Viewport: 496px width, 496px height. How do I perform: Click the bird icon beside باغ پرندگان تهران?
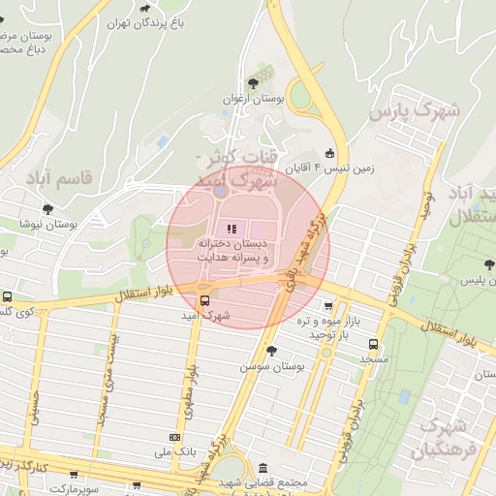pyautogui.click(x=145, y=19)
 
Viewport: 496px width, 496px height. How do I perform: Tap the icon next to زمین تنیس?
pyautogui.click(x=330, y=152)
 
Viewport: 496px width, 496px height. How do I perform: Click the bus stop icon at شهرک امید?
pyautogui.click(x=203, y=300)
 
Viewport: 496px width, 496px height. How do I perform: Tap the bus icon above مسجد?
pyautogui.click(x=374, y=344)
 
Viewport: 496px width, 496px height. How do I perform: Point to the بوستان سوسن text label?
pyautogui.click(x=271, y=367)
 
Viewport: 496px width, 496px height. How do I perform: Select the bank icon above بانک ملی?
pyautogui.click(x=174, y=436)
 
